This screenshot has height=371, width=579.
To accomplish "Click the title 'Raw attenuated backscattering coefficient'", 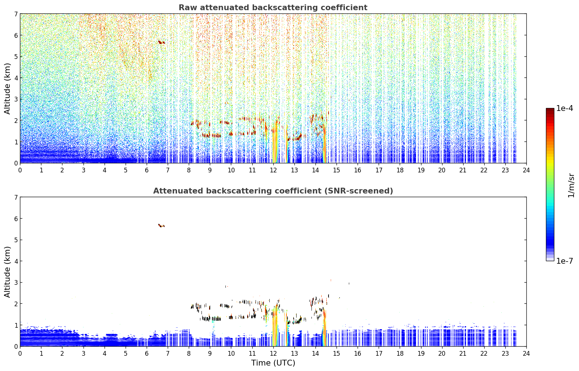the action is (x=273, y=8).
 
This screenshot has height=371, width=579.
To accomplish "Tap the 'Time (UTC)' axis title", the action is (x=273, y=363).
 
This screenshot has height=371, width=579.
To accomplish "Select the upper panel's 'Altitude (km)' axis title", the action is (x=7, y=88).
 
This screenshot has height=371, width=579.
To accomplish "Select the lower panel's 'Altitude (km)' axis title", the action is (x=7, y=272).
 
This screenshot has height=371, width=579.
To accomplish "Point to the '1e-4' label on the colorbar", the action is (x=564, y=108).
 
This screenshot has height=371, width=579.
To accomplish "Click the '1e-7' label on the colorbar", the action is (x=564, y=261).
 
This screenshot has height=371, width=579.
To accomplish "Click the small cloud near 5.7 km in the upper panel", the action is (x=161, y=42).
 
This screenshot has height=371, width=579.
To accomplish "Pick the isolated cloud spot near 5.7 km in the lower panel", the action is (x=161, y=226).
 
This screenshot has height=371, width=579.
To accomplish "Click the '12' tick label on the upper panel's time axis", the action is (x=273, y=170).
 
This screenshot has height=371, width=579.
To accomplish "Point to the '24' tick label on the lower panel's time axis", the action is (x=526, y=354).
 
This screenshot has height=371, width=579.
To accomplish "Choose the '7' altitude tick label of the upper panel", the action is (x=16, y=14).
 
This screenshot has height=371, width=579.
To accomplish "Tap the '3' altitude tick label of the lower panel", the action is (x=16, y=282).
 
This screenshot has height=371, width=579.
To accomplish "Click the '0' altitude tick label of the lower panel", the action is (x=16, y=346).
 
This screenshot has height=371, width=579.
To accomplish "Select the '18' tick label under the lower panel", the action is (x=400, y=354).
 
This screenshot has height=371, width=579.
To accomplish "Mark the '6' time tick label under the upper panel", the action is (x=147, y=170).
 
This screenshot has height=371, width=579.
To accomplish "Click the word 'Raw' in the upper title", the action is (x=188, y=8).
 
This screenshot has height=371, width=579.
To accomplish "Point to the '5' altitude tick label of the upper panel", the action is (x=16, y=56).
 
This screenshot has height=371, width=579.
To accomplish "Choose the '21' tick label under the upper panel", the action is (x=463, y=170).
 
